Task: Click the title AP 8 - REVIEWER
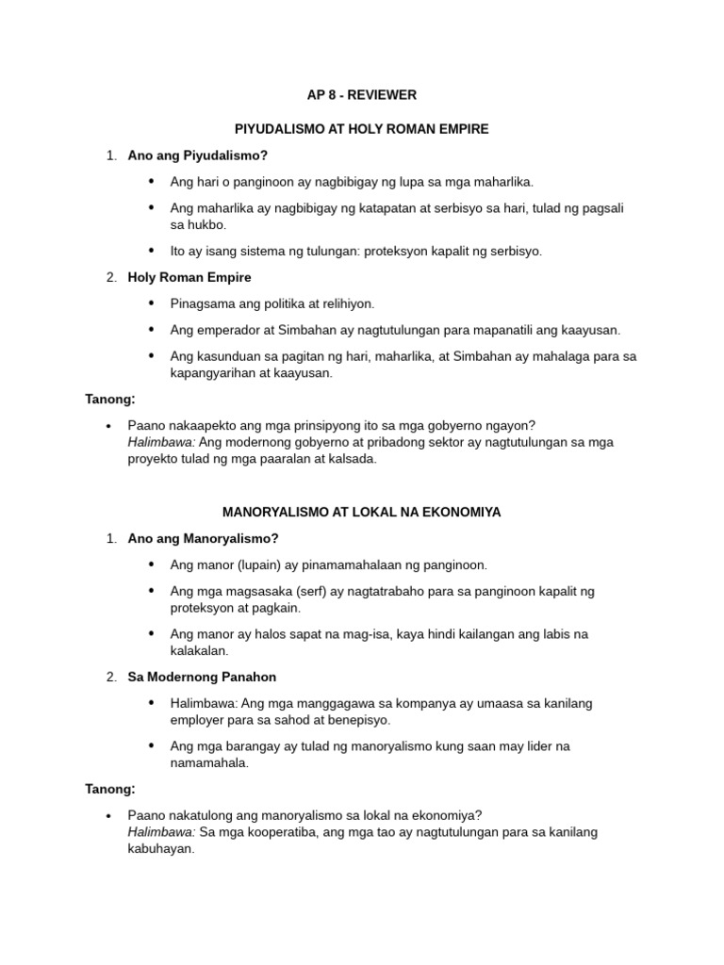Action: click(361, 95)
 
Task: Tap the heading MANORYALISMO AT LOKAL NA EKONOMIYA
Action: click(361, 512)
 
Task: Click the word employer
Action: click(199, 719)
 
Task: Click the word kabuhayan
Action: click(159, 847)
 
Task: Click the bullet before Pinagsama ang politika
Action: click(152, 303)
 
